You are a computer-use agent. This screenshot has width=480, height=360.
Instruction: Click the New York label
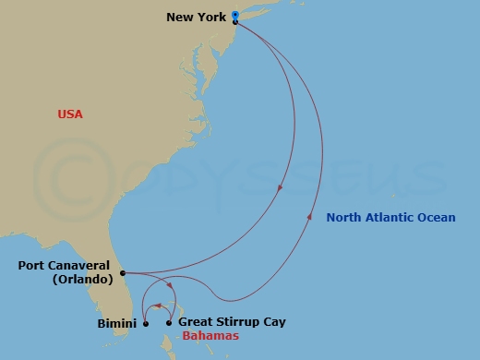click(x=198, y=17)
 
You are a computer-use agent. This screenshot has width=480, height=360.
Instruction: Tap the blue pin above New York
click(x=235, y=15)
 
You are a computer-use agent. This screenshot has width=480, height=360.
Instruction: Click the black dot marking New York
click(x=235, y=22)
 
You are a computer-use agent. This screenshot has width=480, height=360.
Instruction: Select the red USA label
click(x=70, y=114)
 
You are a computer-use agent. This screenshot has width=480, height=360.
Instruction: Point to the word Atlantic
click(x=389, y=218)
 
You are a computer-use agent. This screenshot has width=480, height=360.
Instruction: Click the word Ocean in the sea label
click(x=437, y=218)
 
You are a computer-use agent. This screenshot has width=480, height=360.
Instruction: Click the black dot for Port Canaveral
click(x=123, y=273)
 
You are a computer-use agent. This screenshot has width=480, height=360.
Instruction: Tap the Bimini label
click(x=118, y=323)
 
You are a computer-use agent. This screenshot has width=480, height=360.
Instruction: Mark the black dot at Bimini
click(x=146, y=323)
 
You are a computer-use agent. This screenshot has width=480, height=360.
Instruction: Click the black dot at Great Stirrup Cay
click(x=169, y=323)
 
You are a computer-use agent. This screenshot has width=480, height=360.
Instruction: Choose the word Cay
click(x=274, y=322)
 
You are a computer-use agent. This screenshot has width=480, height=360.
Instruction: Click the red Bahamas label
click(x=210, y=337)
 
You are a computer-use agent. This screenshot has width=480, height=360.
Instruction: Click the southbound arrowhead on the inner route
click(x=280, y=189)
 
